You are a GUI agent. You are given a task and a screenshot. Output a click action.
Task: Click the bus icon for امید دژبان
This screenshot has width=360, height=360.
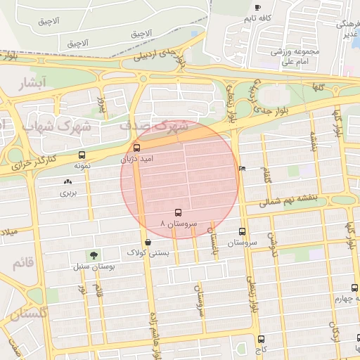[136, 148]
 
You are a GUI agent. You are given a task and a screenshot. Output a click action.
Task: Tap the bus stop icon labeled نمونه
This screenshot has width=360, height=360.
[82, 155]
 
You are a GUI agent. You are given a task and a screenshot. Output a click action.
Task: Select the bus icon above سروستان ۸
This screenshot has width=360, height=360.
[177, 212]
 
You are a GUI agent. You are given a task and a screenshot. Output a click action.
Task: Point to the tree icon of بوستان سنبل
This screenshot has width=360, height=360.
[94, 255]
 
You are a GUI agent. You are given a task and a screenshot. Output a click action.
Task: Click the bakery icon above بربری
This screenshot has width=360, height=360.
[67, 181]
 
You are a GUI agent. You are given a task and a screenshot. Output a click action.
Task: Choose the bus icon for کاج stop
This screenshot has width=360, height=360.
[261, 339]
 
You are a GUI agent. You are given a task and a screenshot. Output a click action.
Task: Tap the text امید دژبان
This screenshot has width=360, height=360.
[136, 159]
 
